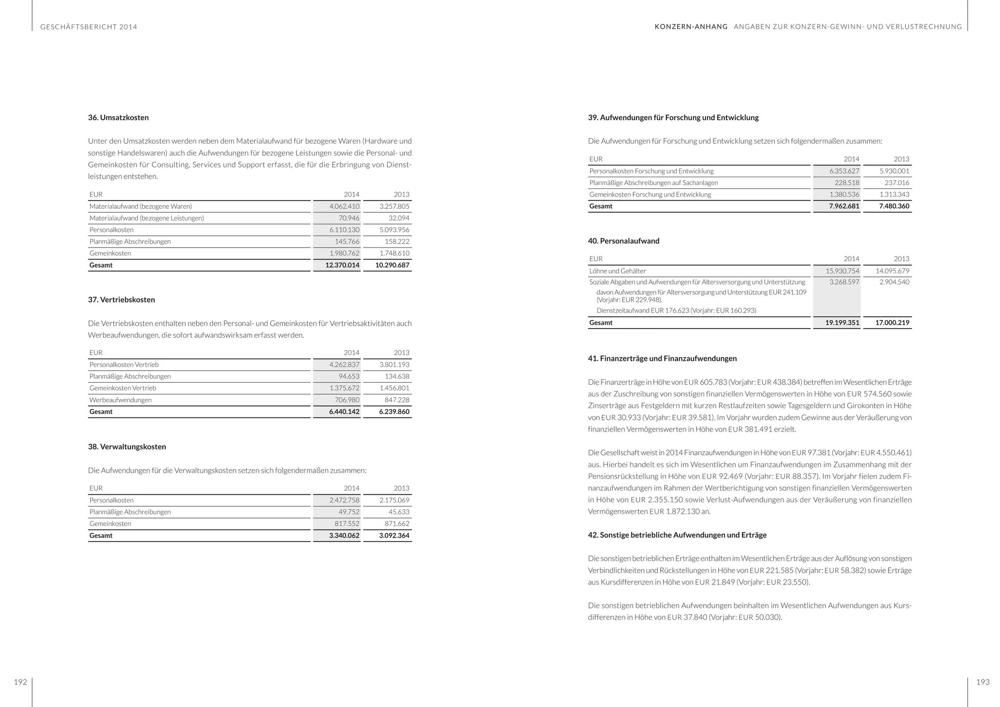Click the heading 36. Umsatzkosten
click(x=118, y=118)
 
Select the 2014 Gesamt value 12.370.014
click(x=342, y=265)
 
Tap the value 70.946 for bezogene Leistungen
click(x=349, y=218)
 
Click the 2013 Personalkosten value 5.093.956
click(x=394, y=230)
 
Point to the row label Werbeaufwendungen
click(x=120, y=400)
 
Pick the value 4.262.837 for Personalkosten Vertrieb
click(x=344, y=365)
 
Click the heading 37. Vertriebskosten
click(x=121, y=300)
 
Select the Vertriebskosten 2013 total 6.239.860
click(x=394, y=412)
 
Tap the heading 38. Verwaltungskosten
click(x=127, y=447)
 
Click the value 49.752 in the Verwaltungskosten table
click(x=349, y=512)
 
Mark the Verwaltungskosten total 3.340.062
click(x=344, y=536)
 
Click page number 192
click(x=20, y=682)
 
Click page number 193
click(x=982, y=682)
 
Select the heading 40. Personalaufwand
click(x=624, y=241)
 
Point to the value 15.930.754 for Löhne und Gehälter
click(x=842, y=271)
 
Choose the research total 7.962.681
click(x=844, y=206)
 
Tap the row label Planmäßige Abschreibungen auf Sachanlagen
click(x=653, y=183)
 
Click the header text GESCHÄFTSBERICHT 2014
click(x=89, y=27)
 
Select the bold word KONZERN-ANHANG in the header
click(x=691, y=27)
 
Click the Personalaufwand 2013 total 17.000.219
click(x=892, y=323)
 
